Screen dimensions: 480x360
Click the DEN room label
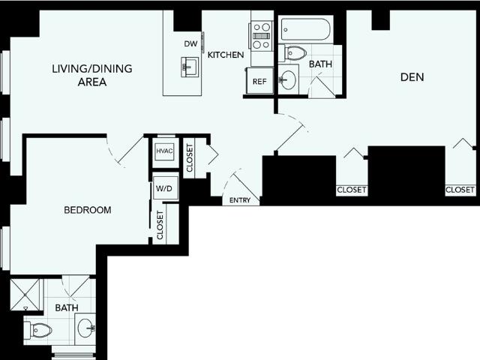(412, 77)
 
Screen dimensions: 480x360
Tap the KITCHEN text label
(226, 55)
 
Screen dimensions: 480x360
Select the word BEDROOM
(88, 210)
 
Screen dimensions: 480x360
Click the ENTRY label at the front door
(240, 200)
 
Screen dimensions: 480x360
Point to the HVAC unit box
(164, 151)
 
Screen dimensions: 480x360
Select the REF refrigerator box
(259, 81)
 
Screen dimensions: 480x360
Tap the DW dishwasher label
(190, 43)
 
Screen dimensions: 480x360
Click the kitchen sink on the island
(190, 67)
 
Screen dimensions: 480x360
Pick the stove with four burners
(261, 36)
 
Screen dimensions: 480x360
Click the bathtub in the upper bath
(306, 29)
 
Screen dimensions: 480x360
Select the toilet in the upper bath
(293, 53)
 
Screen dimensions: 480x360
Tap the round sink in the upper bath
(288, 80)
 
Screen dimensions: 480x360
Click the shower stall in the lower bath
(25, 295)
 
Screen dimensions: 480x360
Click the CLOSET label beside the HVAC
(190, 158)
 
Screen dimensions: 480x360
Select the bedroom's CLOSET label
(160, 225)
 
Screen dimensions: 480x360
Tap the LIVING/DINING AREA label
(92, 75)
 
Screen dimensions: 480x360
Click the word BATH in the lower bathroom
(67, 307)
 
